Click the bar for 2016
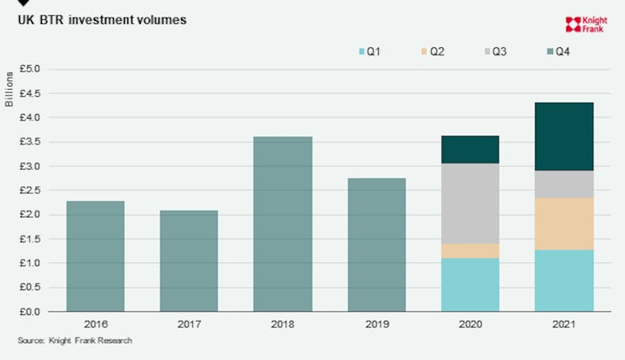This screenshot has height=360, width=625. [x=95, y=256]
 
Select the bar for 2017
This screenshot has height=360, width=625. [x=189, y=261]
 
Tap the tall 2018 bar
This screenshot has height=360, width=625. [x=283, y=224]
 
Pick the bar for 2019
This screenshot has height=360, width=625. [x=377, y=245]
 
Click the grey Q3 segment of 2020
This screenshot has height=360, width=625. [x=470, y=204]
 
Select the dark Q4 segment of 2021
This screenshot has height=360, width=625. [x=564, y=136]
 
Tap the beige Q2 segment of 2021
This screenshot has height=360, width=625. [x=564, y=224]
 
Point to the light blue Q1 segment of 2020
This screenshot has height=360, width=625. [x=470, y=285]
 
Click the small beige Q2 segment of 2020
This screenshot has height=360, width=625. [x=470, y=251]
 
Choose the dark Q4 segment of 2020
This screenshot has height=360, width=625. [x=470, y=149]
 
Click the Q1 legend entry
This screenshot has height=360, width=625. [x=369, y=52]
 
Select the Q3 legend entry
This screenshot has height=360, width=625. [x=493, y=52]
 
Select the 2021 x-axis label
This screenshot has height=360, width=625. [x=564, y=325]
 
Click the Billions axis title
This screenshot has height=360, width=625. [x=10, y=88]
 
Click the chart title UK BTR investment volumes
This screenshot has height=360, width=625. [x=102, y=19]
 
